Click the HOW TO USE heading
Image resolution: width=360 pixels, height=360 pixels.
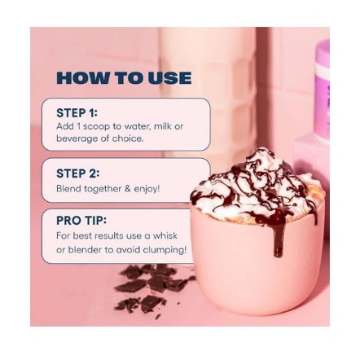pos(124,78)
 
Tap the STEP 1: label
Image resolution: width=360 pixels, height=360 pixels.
pos(77,113)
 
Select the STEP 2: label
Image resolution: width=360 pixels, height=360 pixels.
pos(78,173)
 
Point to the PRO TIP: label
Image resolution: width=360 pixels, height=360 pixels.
pos(81,221)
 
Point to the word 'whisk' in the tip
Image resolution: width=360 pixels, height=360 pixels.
pos(165,235)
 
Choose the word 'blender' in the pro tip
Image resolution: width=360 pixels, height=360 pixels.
pos(84,249)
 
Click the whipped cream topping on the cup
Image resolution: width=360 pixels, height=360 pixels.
pos(257,185)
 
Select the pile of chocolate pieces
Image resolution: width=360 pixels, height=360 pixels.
pos(152,288)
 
